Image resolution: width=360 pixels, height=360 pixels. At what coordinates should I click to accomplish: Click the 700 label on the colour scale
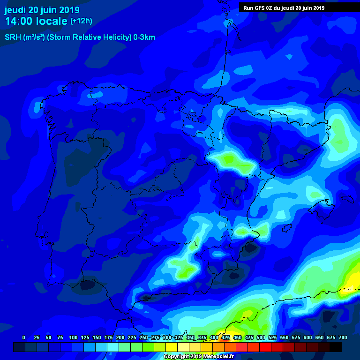coord(343,337)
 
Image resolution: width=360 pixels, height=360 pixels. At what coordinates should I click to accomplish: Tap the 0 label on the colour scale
coord(23,337)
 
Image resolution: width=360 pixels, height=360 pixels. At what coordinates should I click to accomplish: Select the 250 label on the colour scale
coord(143,337)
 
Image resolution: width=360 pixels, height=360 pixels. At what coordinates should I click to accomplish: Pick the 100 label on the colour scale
coord(73,337)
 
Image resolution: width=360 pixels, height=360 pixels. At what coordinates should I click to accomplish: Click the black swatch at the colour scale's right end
coord(336,347)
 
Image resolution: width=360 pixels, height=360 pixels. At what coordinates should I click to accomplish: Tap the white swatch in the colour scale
coord(183,347)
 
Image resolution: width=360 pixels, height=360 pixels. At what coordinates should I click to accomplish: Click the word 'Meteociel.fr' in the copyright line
coord(218,357)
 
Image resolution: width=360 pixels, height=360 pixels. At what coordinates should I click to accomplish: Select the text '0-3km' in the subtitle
coord(144,37)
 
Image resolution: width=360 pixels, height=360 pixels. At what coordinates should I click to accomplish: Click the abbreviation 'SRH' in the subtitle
coord(13,37)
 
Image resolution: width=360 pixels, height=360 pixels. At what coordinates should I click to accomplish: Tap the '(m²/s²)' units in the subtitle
coord(34,37)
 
